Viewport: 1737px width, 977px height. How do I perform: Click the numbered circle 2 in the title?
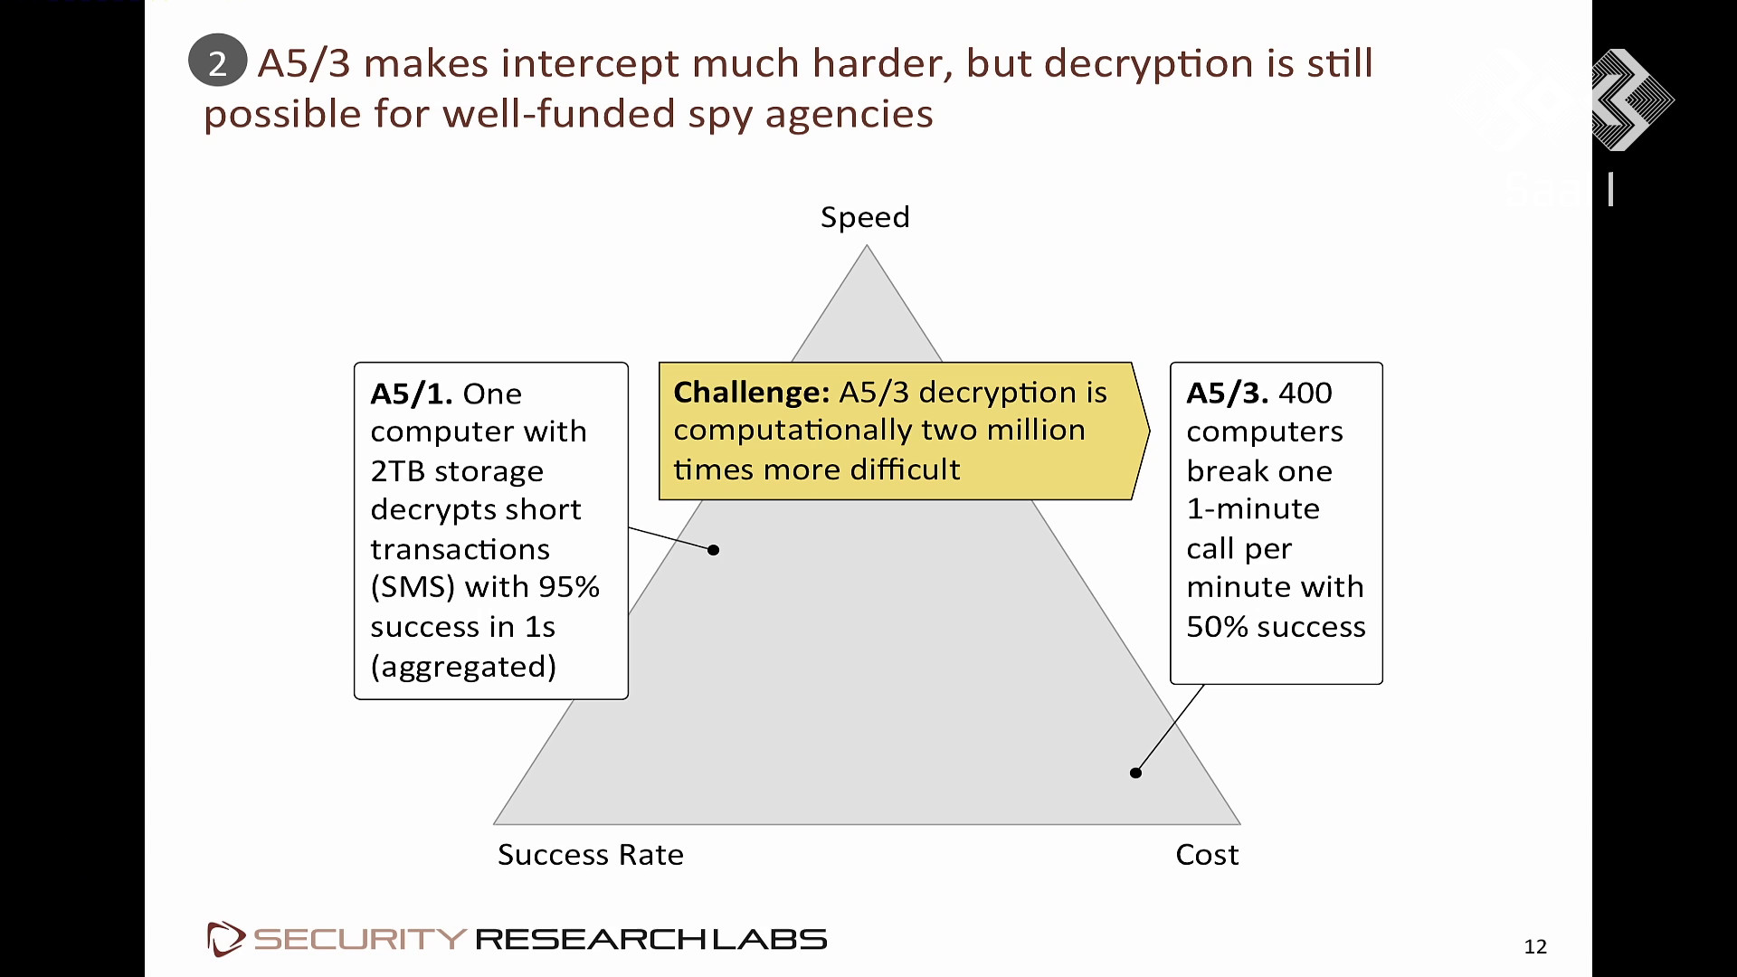pyautogui.click(x=217, y=62)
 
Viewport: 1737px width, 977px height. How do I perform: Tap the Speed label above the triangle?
pyautogui.click(x=865, y=218)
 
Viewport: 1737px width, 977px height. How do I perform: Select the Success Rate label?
pyautogui.click(x=591, y=854)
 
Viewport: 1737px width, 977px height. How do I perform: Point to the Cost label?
pyautogui.click(x=1207, y=854)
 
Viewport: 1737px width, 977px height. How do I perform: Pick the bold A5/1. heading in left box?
pyautogui.click(x=412, y=394)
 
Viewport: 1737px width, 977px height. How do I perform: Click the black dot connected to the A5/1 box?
pyautogui.click(x=714, y=550)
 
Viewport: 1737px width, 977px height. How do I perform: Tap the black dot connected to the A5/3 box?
pyautogui.click(x=1135, y=773)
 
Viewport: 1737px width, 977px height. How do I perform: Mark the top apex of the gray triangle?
pyautogui.click(x=867, y=245)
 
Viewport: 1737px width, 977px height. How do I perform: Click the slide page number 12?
pyautogui.click(x=1535, y=946)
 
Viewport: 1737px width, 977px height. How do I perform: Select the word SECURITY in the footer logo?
pyautogui.click(x=360, y=939)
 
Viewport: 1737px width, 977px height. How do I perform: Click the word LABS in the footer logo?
pyautogui.click(x=770, y=939)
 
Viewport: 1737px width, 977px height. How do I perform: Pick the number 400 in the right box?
pyautogui.click(x=1305, y=393)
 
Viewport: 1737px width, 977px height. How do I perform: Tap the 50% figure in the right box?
pyautogui.click(x=1218, y=627)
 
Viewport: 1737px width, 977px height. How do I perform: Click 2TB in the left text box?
pyautogui.click(x=398, y=471)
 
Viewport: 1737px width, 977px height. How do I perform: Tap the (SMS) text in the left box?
pyautogui.click(x=413, y=588)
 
